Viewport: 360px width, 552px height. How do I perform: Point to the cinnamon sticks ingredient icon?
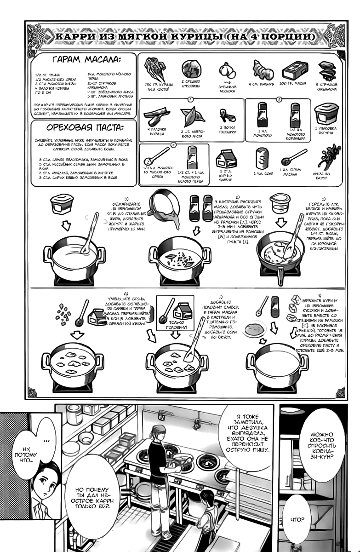[x=156, y=115]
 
